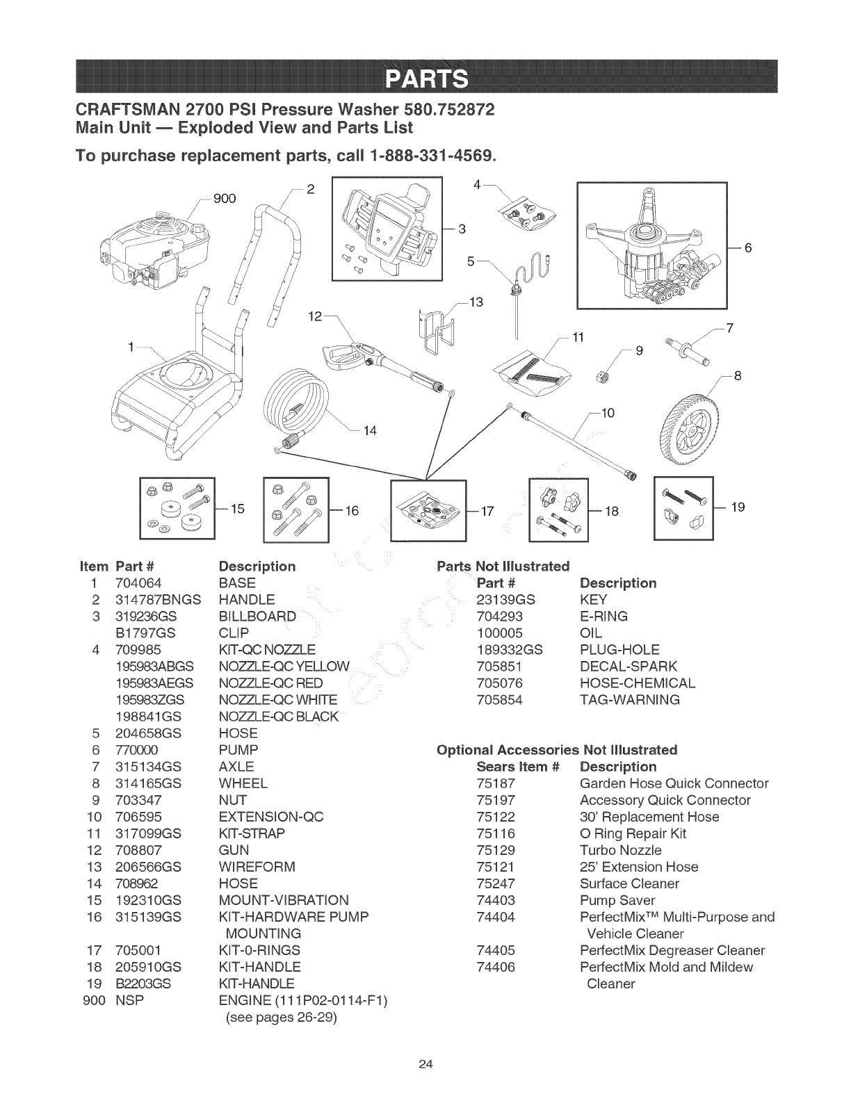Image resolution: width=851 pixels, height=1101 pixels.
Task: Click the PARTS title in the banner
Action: pos(425,75)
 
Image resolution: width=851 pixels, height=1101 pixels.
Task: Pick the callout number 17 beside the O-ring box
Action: pos(487,512)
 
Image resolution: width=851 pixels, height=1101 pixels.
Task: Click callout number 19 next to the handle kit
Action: pos(738,507)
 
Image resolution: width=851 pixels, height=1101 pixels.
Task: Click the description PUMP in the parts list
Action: pos(238,750)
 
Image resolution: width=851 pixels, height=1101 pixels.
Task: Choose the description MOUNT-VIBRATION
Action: pos(284,900)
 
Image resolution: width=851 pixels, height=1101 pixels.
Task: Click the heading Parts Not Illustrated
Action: pos(503,566)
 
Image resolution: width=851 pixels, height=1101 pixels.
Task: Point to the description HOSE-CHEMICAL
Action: pos(637,683)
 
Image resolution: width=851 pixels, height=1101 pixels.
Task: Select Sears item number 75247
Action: pos(496,883)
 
